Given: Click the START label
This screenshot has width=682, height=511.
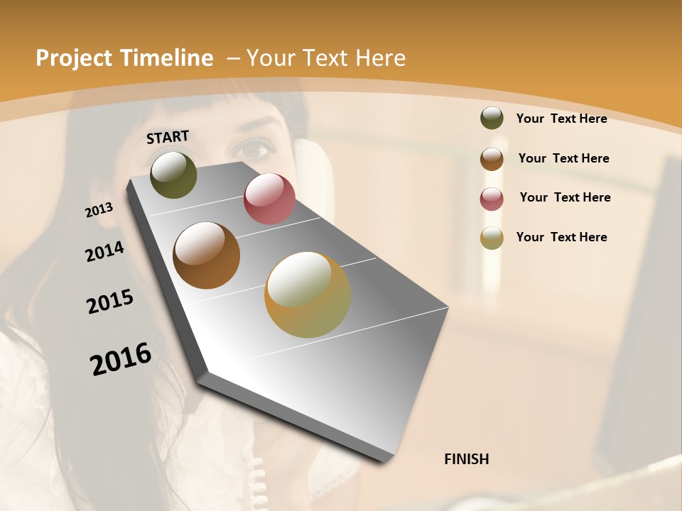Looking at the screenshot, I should tap(168, 137).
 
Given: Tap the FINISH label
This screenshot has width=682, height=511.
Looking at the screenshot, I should tap(466, 459).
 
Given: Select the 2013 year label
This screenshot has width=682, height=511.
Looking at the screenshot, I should tap(99, 210).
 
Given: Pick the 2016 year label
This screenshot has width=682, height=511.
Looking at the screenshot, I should tap(121, 359).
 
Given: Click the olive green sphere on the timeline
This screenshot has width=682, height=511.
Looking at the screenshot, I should tap(173, 175).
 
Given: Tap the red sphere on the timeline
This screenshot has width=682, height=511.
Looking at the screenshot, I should tap(269, 199).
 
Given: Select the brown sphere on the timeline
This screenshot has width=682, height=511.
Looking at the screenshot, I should tap(206, 255).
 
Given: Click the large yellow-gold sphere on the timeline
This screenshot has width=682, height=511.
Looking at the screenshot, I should tap(307, 295).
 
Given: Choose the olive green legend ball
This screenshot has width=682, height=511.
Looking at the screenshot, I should tap(492, 118).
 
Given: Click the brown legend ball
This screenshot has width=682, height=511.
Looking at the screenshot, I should tap(492, 158).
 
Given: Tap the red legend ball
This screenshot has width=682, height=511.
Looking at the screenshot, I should tap(492, 198).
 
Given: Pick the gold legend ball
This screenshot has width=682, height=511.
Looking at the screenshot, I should tap(492, 238).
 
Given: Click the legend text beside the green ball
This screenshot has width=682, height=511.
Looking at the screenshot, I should tap(561, 119).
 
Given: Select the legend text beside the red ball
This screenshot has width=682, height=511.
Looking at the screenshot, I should tap(565, 197).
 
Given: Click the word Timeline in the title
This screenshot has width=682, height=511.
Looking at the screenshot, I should tap(168, 58).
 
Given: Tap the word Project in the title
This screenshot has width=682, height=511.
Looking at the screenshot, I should tap(73, 58).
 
